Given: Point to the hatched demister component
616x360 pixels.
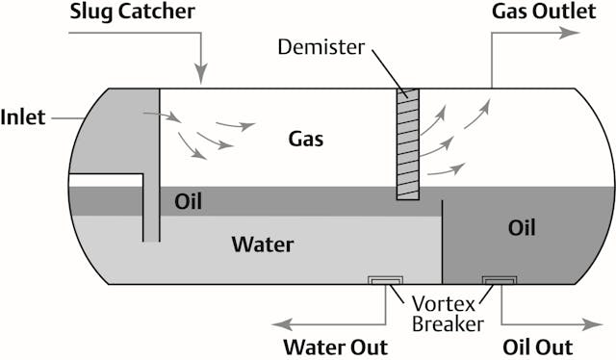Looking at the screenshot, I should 409,144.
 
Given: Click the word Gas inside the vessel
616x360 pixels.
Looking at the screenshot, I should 306,139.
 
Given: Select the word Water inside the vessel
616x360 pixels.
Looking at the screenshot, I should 263,244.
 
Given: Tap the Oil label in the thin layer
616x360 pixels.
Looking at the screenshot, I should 188,201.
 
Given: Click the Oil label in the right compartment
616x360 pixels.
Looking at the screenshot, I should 521,228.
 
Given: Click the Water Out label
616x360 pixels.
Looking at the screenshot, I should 334,347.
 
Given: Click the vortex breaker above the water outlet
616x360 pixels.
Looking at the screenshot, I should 386,280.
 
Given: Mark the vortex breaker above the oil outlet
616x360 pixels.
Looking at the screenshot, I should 500,280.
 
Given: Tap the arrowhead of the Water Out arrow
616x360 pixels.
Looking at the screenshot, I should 277,324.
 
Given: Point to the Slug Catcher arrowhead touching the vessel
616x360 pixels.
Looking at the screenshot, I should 201,75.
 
